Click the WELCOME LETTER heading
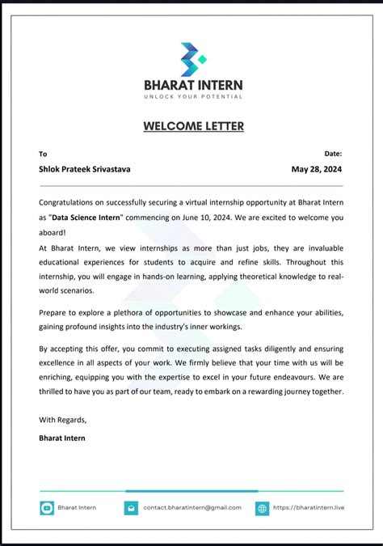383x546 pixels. click(x=193, y=126)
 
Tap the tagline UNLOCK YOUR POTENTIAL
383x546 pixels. click(x=193, y=96)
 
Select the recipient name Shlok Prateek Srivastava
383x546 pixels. click(x=85, y=169)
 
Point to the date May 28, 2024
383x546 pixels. click(x=318, y=169)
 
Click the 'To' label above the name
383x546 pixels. click(x=43, y=153)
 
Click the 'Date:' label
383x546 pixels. click(x=333, y=153)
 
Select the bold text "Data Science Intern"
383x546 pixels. click(x=86, y=217)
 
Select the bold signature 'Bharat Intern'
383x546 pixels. click(x=61, y=438)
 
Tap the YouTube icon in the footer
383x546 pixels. click(x=47, y=508)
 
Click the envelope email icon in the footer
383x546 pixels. click(x=131, y=508)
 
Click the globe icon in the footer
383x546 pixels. click(x=262, y=508)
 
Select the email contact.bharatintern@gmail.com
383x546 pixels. click(x=192, y=507)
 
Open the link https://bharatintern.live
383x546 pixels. click(x=309, y=507)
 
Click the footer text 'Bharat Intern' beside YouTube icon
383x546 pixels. click(x=77, y=507)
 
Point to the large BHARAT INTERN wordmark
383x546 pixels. click(x=193, y=84)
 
